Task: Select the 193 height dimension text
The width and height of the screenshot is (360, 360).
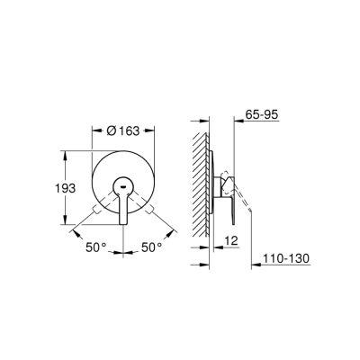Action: [x=51, y=190]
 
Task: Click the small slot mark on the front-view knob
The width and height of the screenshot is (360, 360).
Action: [x=124, y=191]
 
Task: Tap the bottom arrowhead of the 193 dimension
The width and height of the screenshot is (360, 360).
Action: [x=67, y=223]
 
